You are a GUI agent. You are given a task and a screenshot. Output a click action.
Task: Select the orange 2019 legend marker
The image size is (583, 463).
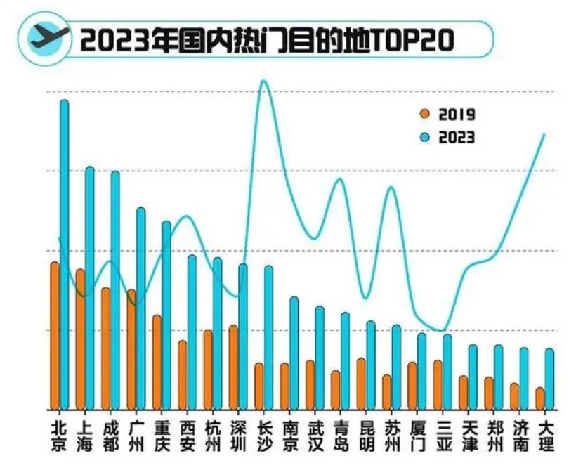(x=424, y=115)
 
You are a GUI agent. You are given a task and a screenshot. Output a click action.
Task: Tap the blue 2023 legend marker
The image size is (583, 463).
(x=424, y=137)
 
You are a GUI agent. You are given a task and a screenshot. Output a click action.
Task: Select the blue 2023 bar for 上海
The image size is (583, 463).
(x=90, y=288)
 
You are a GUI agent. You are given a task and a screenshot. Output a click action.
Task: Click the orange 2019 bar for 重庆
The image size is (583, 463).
(x=157, y=362)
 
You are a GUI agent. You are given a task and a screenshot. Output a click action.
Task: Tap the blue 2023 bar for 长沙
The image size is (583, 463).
(x=268, y=337)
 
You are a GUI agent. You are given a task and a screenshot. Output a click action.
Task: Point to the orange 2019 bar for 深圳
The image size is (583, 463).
(x=234, y=367)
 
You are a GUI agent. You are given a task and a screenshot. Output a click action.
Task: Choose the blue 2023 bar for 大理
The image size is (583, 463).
(x=550, y=379)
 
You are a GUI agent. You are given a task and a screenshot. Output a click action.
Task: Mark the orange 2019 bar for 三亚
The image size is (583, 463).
(x=438, y=384)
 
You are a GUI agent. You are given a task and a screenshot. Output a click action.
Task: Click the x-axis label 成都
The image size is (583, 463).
(x=110, y=436)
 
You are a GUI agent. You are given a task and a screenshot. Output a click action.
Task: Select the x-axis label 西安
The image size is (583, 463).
(x=188, y=436)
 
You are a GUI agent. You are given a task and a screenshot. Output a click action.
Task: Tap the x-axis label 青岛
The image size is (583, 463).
(x=341, y=436)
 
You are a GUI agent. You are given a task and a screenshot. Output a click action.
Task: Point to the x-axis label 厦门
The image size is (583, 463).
(x=417, y=436)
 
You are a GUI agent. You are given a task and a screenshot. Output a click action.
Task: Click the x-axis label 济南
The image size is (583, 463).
(x=520, y=436)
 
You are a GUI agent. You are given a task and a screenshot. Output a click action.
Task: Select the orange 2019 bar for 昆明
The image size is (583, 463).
(x=361, y=384)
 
